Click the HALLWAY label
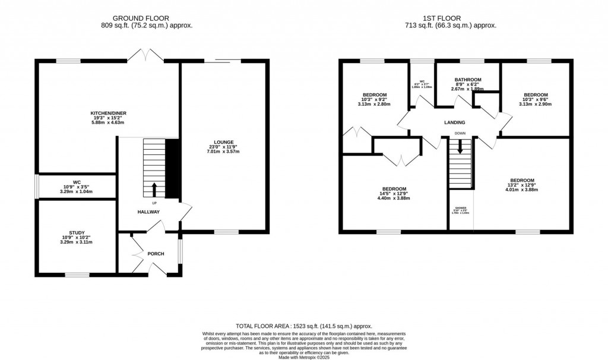149,211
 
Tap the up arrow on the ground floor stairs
154,189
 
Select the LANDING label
454,123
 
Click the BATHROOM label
468,80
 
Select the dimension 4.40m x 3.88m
394,198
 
